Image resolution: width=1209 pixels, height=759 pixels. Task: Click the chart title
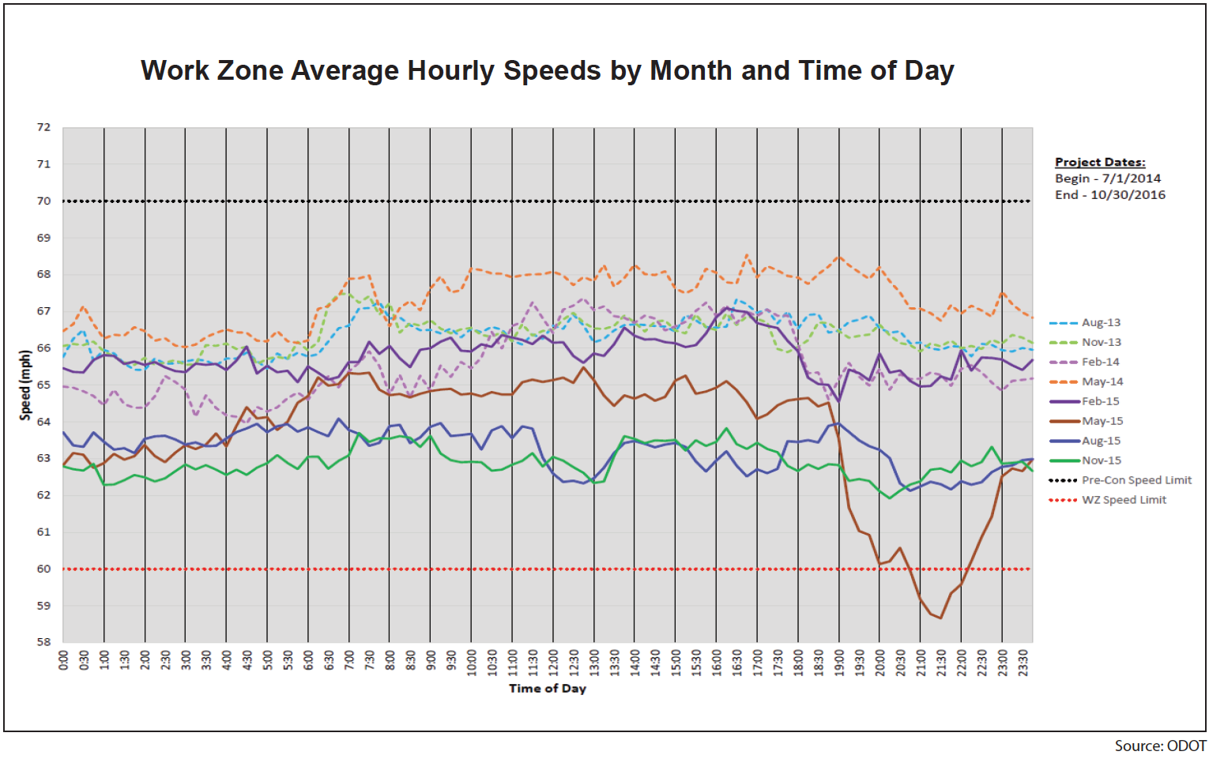pyautogui.click(x=547, y=70)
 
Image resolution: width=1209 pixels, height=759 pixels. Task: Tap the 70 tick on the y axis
pyautogui.click(x=43, y=201)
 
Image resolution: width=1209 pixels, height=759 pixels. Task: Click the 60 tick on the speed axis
pyautogui.click(x=43, y=569)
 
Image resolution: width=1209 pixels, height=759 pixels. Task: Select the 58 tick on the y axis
pyautogui.click(x=43, y=642)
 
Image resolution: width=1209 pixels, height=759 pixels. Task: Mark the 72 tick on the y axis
pyautogui.click(x=43, y=127)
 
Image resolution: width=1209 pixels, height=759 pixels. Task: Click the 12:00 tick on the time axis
pyautogui.click(x=553, y=660)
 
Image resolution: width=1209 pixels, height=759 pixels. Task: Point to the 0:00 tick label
pyautogui.click(x=64, y=660)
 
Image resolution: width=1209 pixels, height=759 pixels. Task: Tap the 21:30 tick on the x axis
pyautogui.click(x=941, y=660)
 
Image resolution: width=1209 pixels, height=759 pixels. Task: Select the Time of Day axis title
pyautogui.click(x=547, y=689)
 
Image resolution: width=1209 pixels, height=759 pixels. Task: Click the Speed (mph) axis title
pyautogui.click(x=25, y=385)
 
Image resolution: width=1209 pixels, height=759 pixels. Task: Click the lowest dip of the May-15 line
pyautogui.click(x=940, y=618)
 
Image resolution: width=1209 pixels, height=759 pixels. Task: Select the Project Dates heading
pyautogui.click(x=1100, y=162)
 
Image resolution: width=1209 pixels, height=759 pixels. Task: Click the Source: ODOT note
pyautogui.click(x=1160, y=746)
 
